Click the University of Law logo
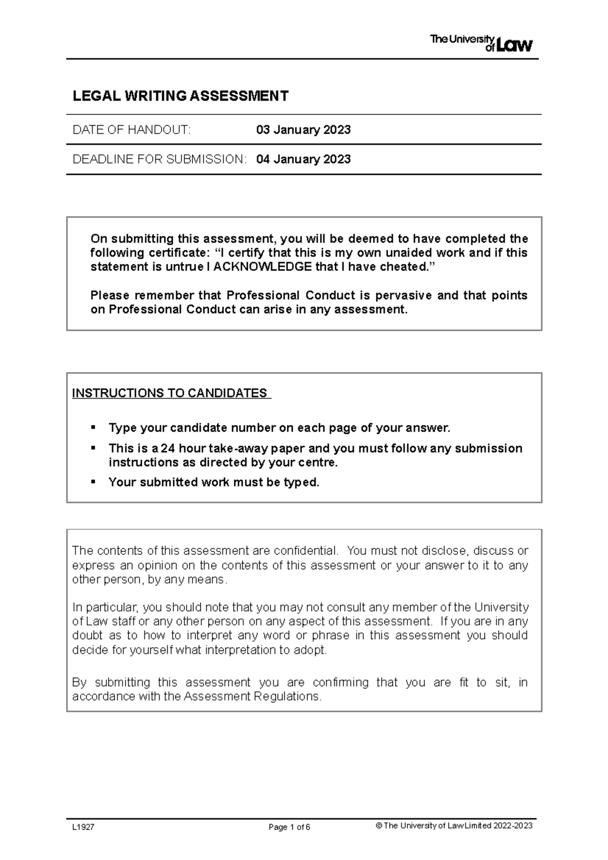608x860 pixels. pyautogui.click(x=481, y=43)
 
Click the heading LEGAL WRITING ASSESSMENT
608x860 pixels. pyautogui.click(x=180, y=96)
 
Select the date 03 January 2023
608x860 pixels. pyautogui.click(x=303, y=130)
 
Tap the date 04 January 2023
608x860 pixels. pyautogui.click(x=303, y=160)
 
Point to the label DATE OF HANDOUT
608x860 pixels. pyautogui.click(x=132, y=130)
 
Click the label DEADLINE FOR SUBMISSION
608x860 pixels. pyautogui.click(x=159, y=160)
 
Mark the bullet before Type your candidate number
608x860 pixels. pyautogui.click(x=93, y=427)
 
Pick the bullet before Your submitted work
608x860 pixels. pyautogui.click(x=93, y=481)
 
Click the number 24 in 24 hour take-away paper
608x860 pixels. pyautogui.click(x=167, y=448)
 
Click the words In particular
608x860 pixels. pyautogui.click(x=104, y=607)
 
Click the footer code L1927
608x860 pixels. pyautogui.click(x=83, y=827)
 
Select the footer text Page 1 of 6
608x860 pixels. pyautogui.click(x=289, y=827)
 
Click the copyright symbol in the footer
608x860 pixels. pyautogui.click(x=378, y=826)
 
